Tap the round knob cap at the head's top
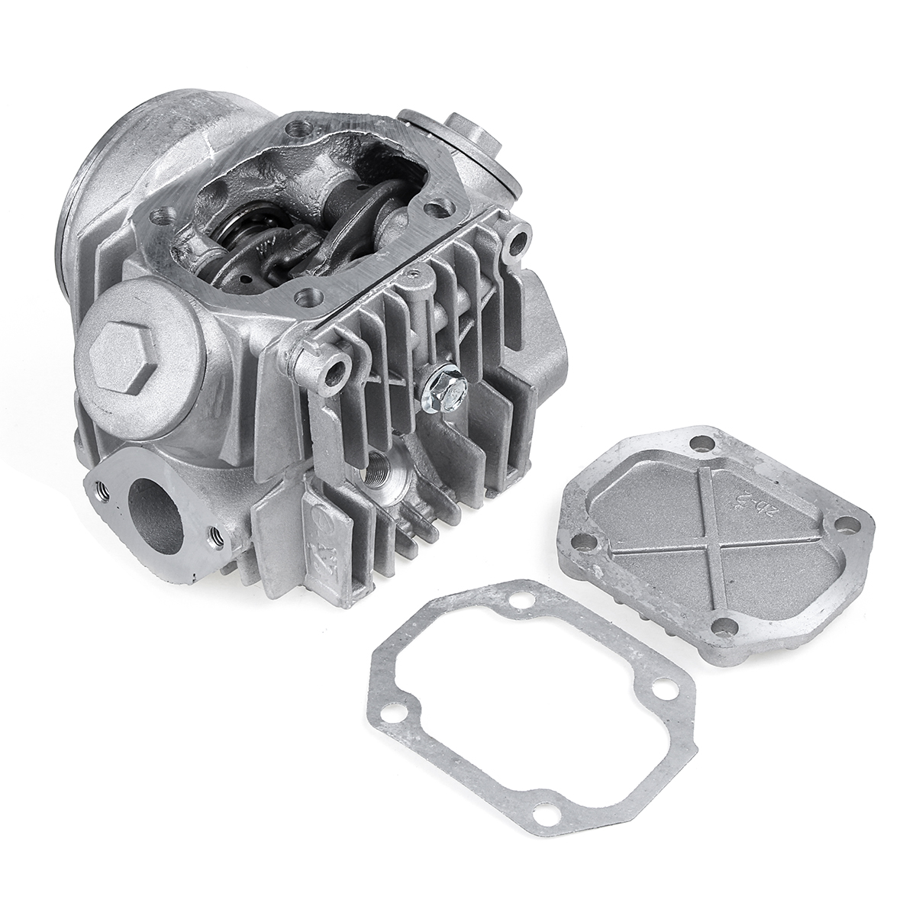point(469,130)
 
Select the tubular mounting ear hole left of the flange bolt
point(334,370)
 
